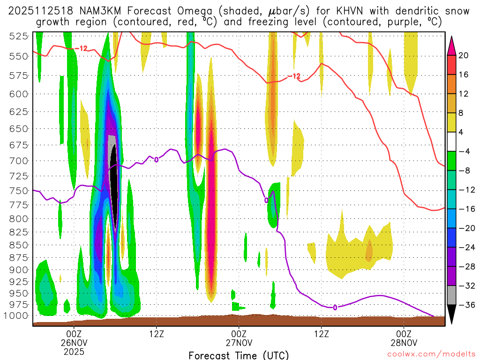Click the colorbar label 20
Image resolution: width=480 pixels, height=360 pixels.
pyautogui.click(x=464, y=55)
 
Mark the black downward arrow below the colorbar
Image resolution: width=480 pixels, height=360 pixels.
pyautogui.click(x=452, y=315)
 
